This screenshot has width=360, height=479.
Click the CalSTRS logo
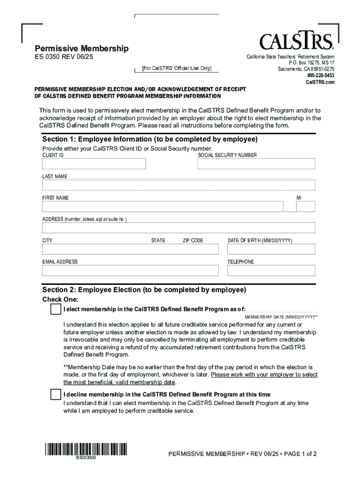296,41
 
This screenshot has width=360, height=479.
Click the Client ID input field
94,164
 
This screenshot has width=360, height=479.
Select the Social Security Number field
256,164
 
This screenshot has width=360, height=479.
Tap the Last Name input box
179,185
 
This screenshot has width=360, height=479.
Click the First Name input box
163,207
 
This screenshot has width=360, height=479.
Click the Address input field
179,228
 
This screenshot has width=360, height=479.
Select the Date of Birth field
271,249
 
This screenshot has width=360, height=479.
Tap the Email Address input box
130,270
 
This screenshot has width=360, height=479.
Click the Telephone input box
271,270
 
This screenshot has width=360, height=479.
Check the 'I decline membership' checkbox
56,394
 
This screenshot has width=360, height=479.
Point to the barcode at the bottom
86,450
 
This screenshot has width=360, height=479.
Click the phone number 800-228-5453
321,75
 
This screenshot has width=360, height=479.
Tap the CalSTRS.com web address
320,82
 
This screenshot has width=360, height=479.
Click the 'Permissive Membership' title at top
82,49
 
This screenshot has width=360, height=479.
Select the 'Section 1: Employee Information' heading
150,139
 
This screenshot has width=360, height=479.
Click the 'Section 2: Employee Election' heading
144,290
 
